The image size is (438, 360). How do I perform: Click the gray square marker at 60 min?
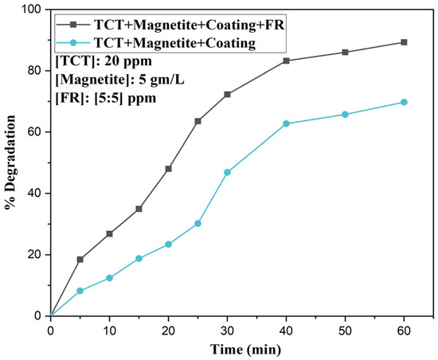[404, 42]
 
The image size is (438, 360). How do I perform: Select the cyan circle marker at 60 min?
[404, 102]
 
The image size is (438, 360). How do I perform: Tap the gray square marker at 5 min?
[80, 260]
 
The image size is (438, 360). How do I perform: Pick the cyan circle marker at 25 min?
[197, 224]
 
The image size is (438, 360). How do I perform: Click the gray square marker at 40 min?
[286, 61]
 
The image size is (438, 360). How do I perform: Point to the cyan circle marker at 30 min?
[228, 172]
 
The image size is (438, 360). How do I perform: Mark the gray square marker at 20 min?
[169, 169]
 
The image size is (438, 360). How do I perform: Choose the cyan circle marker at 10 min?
[110, 278]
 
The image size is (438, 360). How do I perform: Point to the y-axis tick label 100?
[33, 10]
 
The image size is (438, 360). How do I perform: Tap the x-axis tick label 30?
[228, 331]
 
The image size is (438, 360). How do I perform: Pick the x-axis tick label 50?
[345, 331]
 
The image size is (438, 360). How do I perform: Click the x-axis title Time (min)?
[246, 350]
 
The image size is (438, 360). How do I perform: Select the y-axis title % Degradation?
[10, 162]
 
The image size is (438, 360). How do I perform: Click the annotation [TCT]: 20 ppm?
[104, 61]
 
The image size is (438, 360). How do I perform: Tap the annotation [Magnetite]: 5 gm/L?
[119, 80]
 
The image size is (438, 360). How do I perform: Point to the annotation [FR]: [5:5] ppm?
[106, 98]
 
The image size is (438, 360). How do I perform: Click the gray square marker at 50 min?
[345, 53]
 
